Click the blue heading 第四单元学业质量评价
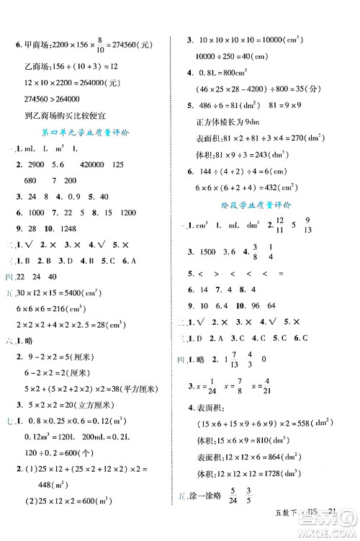point(88,130)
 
